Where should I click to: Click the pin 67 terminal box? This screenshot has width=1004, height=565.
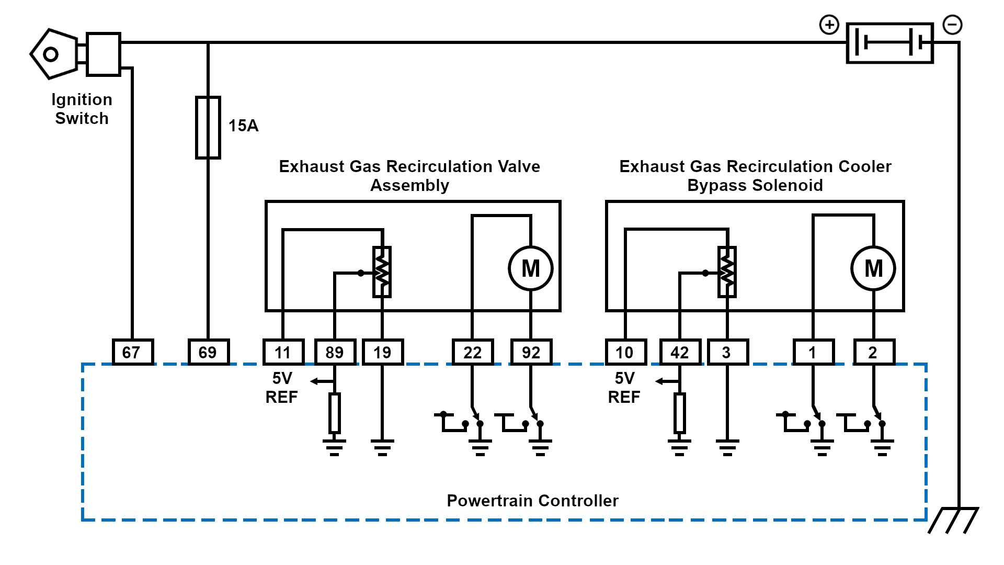tap(133, 352)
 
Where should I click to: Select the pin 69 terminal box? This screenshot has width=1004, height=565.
tap(208, 352)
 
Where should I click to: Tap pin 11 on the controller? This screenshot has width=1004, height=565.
tap(283, 352)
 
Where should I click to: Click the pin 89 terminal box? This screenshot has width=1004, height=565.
tap(335, 352)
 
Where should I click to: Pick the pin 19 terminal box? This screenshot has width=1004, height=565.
tap(382, 352)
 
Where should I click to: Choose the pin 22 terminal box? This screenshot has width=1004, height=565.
tap(472, 352)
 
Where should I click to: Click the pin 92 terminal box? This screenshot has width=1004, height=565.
tap(531, 352)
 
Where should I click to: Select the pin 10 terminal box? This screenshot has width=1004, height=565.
tap(625, 352)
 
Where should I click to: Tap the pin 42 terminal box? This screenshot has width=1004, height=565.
tap(680, 352)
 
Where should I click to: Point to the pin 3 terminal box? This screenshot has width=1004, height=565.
tap(727, 352)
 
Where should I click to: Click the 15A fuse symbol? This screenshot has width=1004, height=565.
tap(208, 127)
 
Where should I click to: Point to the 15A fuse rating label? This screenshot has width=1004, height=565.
tap(243, 126)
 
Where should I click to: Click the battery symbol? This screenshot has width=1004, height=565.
tap(889, 43)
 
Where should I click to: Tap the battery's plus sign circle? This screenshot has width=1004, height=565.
tap(829, 25)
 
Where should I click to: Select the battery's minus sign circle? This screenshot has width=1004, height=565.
tap(952, 25)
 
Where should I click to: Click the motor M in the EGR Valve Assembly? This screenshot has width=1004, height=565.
tap(531, 268)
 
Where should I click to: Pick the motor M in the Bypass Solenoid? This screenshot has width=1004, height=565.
tap(873, 268)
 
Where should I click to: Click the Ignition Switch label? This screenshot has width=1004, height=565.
tap(82, 109)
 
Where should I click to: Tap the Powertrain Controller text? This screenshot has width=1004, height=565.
tap(532, 501)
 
